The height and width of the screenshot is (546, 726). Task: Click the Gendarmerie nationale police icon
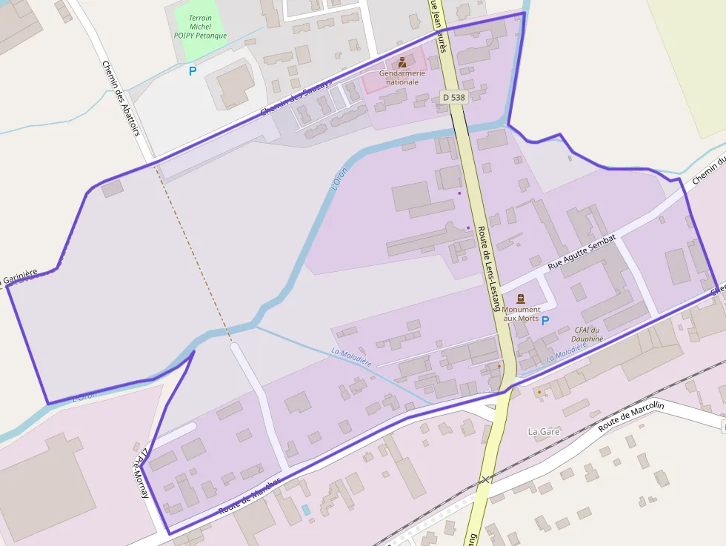click(x=402, y=62)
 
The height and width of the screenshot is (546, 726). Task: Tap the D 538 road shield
click(x=453, y=97)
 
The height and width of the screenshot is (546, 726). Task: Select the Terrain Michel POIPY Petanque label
click(x=200, y=27)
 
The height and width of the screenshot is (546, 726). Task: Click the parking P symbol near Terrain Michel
click(x=193, y=71)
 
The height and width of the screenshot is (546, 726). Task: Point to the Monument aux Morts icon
click(x=520, y=299)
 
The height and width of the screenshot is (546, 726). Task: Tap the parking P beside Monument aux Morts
click(x=546, y=321)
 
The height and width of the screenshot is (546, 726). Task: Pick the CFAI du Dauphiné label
click(x=589, y=334)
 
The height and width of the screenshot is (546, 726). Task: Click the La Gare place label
click(x=544, y=431)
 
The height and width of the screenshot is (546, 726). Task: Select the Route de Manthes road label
click(x=249, y=496)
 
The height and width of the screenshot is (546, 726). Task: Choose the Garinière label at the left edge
click(x=19, y=279)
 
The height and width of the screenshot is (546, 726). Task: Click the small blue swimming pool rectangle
click(x=307, y=510)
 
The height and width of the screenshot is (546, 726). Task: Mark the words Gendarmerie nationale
click(x=402, y=77)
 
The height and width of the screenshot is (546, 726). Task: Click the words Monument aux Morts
click(x=521, y=313)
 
